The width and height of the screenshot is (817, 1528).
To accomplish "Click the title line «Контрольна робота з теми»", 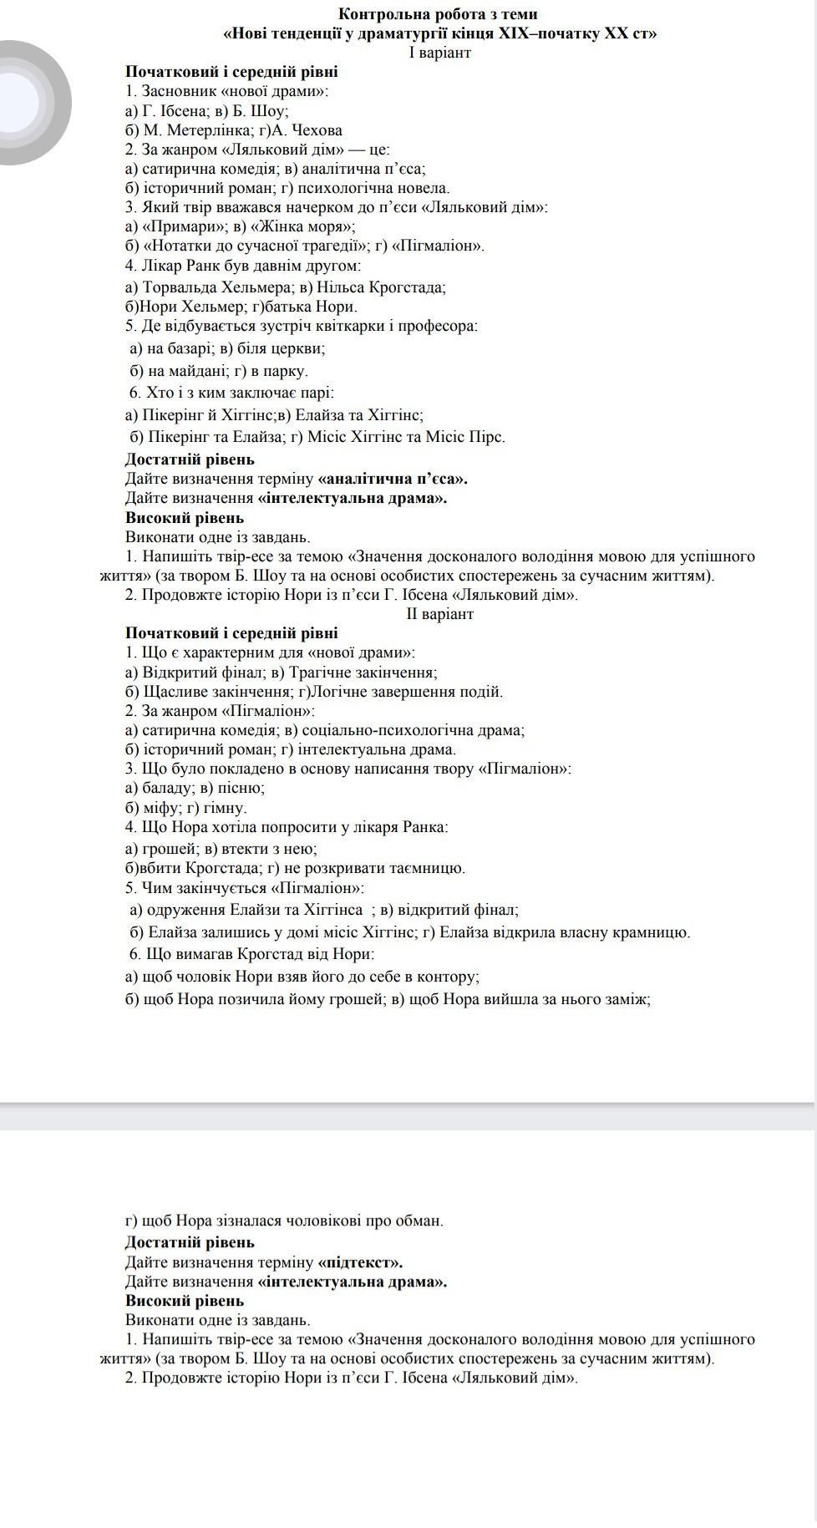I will pyautogui.click(x=438, y=14).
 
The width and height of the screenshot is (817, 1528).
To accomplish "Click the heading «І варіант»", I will pyautogui.click(x=440, y=53).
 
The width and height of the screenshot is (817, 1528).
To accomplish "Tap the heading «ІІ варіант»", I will pyautogui.click(x=440, y=614).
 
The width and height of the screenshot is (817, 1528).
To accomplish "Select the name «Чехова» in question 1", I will pyautogui.click(x=317, y=130).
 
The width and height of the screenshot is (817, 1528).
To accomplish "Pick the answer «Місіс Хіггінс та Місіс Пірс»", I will pyautogui.click(x=406, y=437).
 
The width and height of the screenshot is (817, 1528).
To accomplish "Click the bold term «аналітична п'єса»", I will pyautogui.click(x=393, y=479).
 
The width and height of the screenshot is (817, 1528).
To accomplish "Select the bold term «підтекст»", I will pyautogui.click(x=361, y=1262).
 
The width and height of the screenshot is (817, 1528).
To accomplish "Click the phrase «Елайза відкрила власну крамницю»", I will pyautogui.click(x=565, y=932).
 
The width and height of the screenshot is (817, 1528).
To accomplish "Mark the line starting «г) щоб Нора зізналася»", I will pyautogui.click(x=284, y=1221).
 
